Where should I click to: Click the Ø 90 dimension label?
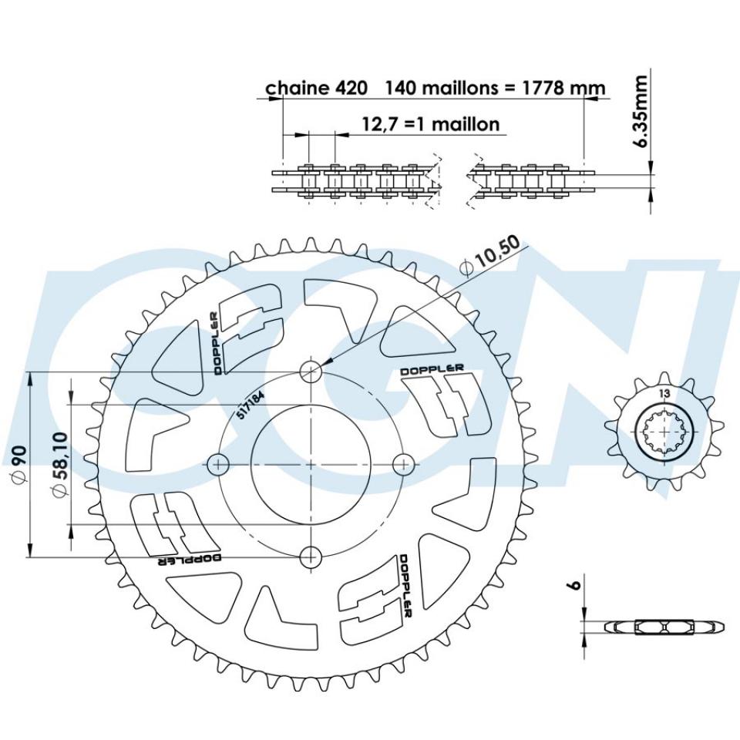coord(16,464)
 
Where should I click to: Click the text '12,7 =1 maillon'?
coord(430,123)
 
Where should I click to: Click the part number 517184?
coord(248,402)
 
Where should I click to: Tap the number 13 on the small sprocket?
coord(664,393)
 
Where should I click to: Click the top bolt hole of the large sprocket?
coord(311,372)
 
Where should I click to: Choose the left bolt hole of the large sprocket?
coord(220,464)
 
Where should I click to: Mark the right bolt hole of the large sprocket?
coord(402,464)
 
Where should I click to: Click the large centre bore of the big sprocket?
coord(311,464)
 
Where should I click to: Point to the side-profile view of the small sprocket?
coord(664,626)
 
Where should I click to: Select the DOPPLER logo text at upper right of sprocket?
coord(432,370)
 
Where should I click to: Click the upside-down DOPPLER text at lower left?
coord(190,558)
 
